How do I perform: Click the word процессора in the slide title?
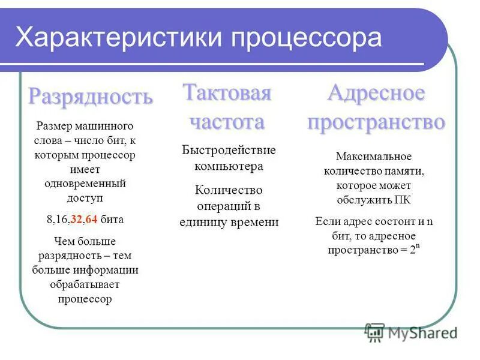tap(307, 38)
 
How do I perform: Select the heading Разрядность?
tap(91, 96)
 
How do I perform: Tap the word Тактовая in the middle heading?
tap(227, 93)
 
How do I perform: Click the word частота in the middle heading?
tap(227, 122)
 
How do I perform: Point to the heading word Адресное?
tap(376, 93)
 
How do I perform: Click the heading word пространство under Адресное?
tap(376, 122)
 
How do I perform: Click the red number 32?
tap(76, 219)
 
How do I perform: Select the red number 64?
tap(91, 219)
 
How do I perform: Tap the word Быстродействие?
tap(229, 149)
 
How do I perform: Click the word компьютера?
tap(229, 166)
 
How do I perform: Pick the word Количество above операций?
tap(229, 190)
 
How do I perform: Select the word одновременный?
tap(85, 182)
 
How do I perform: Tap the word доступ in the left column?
tap(85, 196)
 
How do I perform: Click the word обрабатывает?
tap(85, 284)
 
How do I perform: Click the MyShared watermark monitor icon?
tap(375, 332)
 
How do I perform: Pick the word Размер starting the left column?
tap(53, 127)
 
